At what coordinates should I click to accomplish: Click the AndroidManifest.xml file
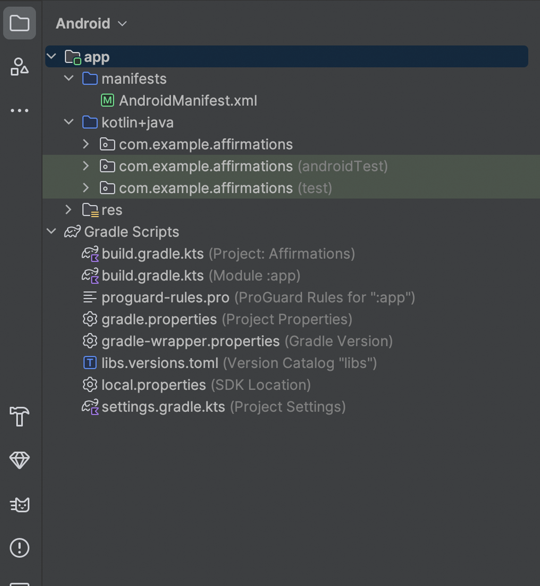point(188,101)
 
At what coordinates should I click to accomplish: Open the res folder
point(112,210)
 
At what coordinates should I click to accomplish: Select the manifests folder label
point(134,79)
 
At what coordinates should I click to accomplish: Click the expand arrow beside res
point(68,210)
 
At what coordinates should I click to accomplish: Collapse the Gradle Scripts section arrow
point(52,231)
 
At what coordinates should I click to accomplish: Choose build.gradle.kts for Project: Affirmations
point(153,254)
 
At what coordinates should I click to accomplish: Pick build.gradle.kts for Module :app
point(153,276)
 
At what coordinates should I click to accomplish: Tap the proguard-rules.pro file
point(165,297)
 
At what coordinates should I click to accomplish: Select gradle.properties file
point(159,320)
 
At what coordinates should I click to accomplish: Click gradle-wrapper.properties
point(190,341)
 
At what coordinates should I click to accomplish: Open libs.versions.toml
point(160,363)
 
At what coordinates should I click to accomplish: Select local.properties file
point(153,385)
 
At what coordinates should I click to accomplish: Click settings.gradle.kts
point(163,407)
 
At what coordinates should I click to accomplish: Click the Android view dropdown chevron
point(122,24)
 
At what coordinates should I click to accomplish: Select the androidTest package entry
point(253,166)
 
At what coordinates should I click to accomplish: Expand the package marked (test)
point(86,188)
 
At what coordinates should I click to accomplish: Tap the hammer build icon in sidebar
point(20,416)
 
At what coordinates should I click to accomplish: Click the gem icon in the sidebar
point(20,460)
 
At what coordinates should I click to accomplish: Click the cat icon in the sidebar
point(20,505)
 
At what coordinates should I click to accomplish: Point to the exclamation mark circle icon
point(20,548)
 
